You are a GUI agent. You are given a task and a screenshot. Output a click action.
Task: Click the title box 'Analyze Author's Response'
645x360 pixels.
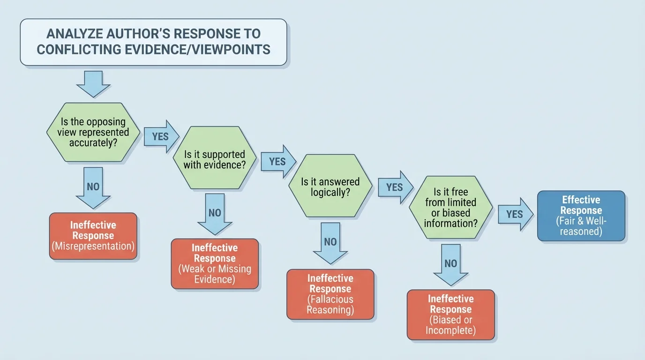click(153, 42)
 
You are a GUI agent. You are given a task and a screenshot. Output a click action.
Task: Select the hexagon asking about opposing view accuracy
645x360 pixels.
click(94, 132)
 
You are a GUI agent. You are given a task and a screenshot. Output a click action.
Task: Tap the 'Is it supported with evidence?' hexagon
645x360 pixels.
click(215, 158)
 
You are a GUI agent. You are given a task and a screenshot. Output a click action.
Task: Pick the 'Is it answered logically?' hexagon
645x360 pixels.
click(330, 187)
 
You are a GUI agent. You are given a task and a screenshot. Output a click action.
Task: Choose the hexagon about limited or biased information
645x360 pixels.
click(450, 207)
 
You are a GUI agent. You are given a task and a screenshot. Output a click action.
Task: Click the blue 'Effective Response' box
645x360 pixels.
click(581, 216)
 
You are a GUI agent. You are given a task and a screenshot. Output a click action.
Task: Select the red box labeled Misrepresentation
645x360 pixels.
click(93, 236)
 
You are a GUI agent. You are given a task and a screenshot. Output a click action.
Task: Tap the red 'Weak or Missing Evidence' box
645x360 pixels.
click(215, 263)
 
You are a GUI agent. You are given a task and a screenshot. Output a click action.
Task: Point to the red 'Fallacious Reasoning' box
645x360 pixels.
click(330, 294)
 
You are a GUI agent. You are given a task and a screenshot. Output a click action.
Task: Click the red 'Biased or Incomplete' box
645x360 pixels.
click(450, 315)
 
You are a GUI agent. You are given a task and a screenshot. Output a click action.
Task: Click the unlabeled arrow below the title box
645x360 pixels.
click(93, 83)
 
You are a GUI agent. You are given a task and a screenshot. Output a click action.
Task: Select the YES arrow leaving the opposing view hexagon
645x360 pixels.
click(161, 136)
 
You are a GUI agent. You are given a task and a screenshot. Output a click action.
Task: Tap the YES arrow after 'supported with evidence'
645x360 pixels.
click(278, 161)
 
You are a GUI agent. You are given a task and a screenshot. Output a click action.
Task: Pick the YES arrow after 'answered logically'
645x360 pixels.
click(395, 187)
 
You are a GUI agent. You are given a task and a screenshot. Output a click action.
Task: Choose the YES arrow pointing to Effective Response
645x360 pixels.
click(515, 214)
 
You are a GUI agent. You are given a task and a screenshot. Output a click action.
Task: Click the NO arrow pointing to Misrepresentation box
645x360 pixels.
click(93, 187)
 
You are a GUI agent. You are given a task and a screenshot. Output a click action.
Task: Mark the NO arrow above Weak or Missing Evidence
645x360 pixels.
click(215, 214)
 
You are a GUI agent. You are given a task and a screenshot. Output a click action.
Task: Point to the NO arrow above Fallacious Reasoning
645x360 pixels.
click(330, 243)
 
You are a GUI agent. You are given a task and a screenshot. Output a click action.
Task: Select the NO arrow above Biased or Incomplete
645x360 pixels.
click(450, 264)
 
